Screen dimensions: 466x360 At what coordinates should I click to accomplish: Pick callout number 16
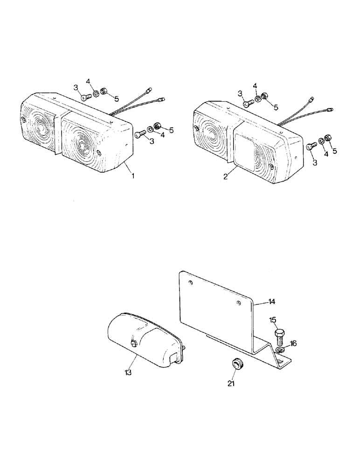[x=292, y=343]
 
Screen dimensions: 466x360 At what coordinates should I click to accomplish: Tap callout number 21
[x=232, y=384]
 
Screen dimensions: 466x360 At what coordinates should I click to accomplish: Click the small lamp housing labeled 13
[x=140, y=340]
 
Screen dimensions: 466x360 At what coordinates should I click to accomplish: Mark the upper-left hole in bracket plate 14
[x=190, y=283]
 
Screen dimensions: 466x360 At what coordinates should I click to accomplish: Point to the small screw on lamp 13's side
[x=134, y=344]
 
